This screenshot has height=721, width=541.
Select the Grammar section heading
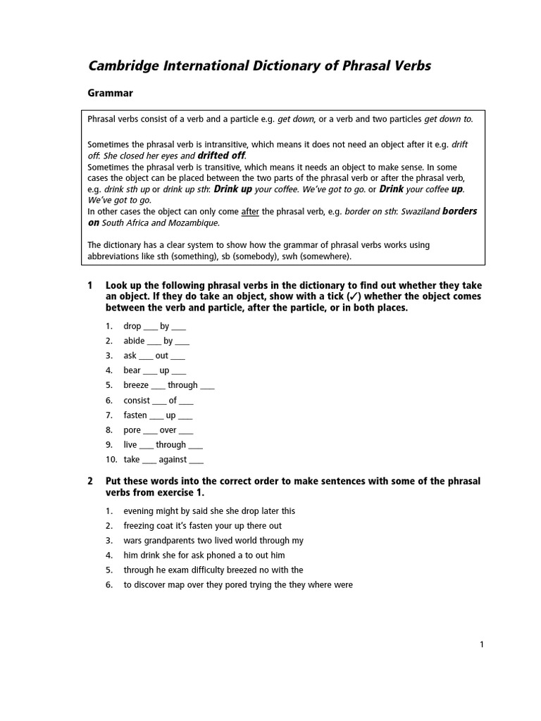click(x=110, y=93)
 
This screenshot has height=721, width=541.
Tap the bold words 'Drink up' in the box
click(x=232, y=189)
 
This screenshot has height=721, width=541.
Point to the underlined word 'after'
click(x=250, y=211)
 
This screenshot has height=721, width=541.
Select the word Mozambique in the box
click(x=194, y=223)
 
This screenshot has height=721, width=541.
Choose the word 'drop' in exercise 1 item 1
click(x=132, y=326)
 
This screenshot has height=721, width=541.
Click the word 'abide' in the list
click(x=134, y=341)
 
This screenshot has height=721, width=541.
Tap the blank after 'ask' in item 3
click(x=146, y=356)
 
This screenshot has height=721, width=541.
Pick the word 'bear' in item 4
click(x=132, y=370)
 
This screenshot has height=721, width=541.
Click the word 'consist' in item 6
click(x=137, y=401)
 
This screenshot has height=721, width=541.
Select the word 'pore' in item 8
click(x=132, y=430)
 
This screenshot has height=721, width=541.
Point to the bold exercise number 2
click(x=90, y=482)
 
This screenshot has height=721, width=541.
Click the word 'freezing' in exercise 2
click(x=139, y=526)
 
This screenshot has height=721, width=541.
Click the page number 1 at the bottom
click(x=482, y=644)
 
